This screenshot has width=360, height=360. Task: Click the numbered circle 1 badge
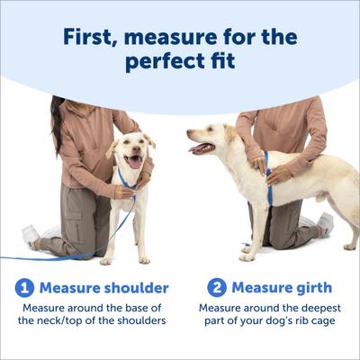24,288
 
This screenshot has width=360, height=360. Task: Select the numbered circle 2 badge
216,288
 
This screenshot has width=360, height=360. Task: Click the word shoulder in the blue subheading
135,288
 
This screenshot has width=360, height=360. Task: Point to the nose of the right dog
189,135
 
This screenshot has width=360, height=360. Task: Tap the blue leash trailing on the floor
54,256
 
